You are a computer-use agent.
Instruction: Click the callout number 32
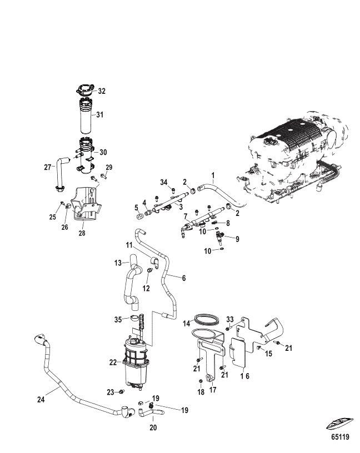pos(102,91)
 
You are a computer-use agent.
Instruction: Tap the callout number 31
pos(99,115)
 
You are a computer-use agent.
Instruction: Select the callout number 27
pos(47,167)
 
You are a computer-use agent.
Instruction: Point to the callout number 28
pos(82,233)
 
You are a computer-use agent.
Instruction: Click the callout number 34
pos(164,182)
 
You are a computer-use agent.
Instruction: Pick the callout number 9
pos(237,239)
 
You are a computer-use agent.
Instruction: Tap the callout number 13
pos(118,263)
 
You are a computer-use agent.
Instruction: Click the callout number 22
pos(113,362)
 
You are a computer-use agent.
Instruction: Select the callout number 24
pos(41,400)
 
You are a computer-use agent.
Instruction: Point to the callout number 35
pos(118,320)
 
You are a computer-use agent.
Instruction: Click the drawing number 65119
pos(341,437)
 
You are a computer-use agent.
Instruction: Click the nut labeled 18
pos(201,382)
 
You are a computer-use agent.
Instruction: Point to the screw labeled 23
pos(122,392)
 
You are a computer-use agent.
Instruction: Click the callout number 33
pos(230,319)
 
